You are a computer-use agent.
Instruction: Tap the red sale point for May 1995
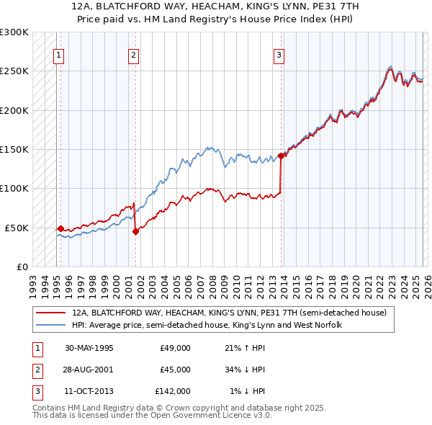[60, 228]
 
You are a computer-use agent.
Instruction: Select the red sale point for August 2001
[135, 231]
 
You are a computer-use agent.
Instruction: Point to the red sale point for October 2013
[282, 156]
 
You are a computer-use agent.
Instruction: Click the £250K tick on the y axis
[14, 71]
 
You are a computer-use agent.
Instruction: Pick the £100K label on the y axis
[14, 189]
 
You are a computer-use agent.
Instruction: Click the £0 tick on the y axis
[22, 267]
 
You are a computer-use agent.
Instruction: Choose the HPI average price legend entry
[207, 325]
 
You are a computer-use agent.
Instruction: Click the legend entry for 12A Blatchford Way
[229, 313]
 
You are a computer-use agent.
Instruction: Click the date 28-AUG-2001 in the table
[89, 369]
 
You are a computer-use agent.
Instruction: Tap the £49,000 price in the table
[175, 348]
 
